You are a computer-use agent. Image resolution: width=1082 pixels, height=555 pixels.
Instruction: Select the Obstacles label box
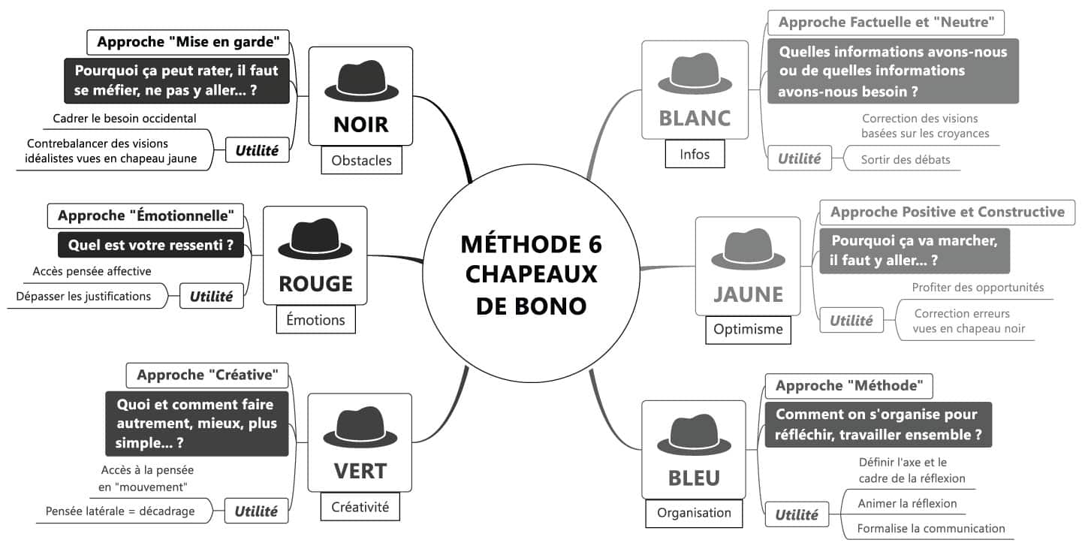point(361,161)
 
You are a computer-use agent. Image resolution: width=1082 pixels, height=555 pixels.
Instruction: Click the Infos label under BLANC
point(695,155)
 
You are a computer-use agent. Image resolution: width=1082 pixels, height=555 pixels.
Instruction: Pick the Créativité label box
point(360,507)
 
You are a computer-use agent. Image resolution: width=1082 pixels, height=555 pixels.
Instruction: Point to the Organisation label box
point(694,513)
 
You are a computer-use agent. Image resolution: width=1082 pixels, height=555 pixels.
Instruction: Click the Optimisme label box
point(748,329)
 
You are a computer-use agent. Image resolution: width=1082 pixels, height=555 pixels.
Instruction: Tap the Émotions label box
point(315,320)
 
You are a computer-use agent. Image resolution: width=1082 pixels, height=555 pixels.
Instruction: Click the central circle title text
point(532,275)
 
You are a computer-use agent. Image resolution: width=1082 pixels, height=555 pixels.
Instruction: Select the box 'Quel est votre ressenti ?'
point(150,245)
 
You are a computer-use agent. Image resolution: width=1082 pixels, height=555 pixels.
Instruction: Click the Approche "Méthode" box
point(848,386)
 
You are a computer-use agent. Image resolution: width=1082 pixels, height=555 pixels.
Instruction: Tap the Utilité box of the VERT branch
point(256,511)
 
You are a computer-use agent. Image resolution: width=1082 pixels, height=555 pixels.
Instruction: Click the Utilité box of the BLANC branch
point(799,158)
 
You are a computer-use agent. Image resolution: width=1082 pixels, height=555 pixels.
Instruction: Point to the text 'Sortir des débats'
point(906,159)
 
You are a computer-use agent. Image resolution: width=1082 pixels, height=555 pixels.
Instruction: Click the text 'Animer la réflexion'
point(907,503)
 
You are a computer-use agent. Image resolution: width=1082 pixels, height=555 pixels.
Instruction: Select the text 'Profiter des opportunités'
point(978,287)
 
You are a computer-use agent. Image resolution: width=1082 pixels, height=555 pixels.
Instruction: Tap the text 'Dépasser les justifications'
point(83,296)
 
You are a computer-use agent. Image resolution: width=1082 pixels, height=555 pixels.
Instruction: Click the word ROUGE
point(315,283)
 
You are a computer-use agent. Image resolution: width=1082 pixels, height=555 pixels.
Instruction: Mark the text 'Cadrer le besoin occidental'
point(125,118)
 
